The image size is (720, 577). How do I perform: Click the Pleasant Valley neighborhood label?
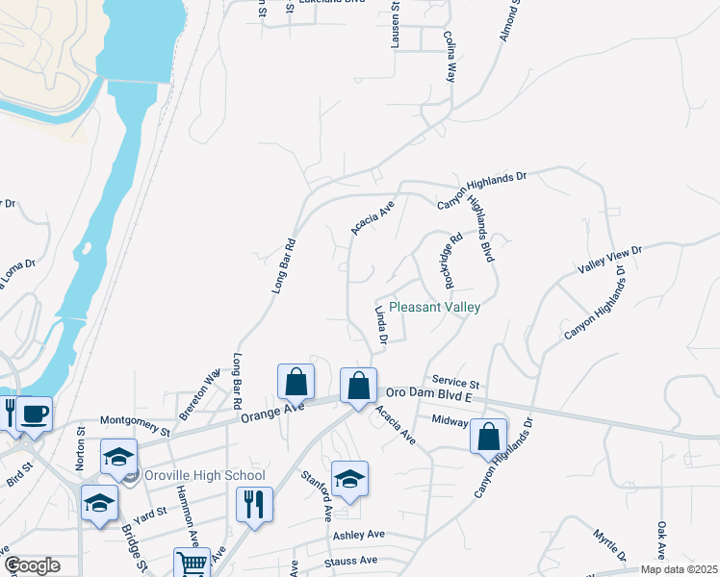(x=448, y=307)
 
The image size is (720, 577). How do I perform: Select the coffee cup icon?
(x=35, y=414)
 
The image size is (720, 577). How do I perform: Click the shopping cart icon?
(x=192, y=564)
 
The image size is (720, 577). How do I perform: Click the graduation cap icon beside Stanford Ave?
(x=350, y=478)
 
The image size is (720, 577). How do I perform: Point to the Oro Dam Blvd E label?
(x=430, y=394)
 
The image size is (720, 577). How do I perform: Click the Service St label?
(x=455, y=382)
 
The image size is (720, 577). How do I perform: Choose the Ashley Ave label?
(x=359, y=535)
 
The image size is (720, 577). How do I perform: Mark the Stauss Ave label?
(x=351, y=560)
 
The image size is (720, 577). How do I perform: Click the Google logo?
(x=32, y=565)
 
